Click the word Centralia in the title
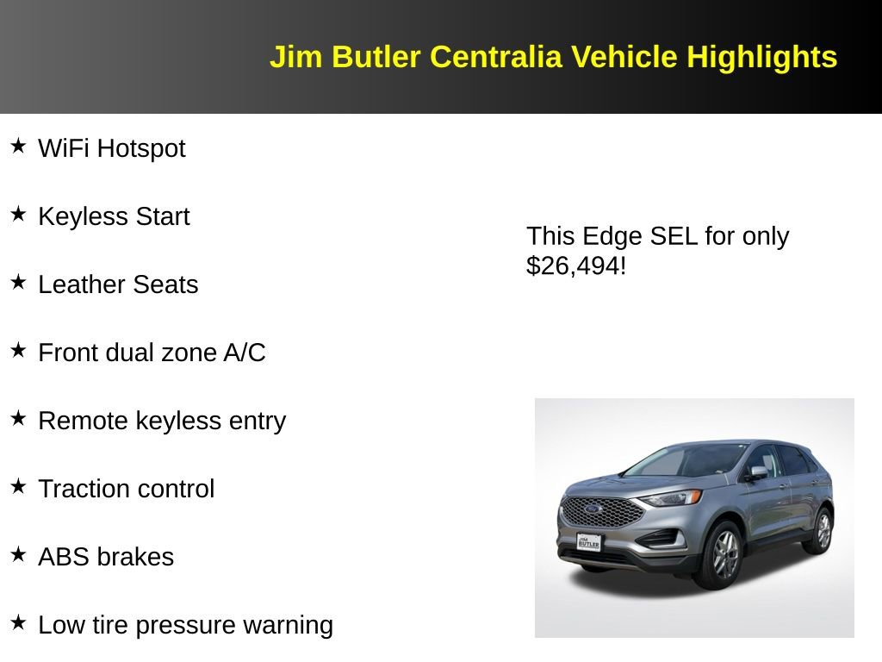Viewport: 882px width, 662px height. click(495, 57)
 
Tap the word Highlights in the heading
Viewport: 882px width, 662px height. click(761, 57)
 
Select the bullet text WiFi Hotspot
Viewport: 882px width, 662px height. click(112, 148)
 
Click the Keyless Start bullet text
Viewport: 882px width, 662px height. click(114, 216)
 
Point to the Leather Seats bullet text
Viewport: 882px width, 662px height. click(118, 284)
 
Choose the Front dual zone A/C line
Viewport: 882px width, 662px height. click(152, 353)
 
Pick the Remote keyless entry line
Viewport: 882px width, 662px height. click(162, 421)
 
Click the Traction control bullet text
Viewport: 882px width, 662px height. click(127, 489)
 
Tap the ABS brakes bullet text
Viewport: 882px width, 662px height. click(106, 557)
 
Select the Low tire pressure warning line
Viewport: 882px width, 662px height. click(185, 625)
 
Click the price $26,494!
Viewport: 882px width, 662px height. click(576, 265)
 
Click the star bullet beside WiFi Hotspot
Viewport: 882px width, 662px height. click(18, 147)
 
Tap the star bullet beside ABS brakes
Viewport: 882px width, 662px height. click(18, 555)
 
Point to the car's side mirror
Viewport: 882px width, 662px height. click(757, 472)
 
